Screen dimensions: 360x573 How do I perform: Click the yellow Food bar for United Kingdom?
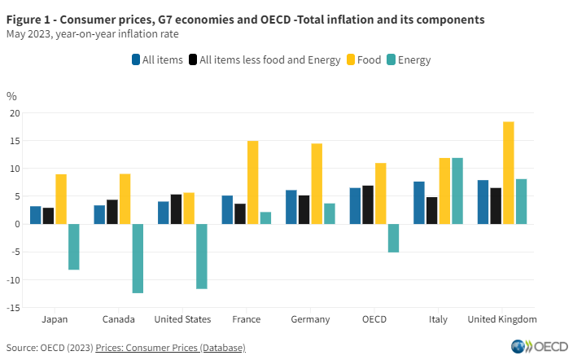coord(508,173)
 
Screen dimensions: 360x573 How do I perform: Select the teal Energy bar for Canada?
coord(138,258)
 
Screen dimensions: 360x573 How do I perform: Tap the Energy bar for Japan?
coord(73,247)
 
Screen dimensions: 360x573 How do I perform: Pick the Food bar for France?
coord(252,182)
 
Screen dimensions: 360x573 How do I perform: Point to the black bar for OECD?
coord(367,204)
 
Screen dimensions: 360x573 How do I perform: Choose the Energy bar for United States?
coord(201,257)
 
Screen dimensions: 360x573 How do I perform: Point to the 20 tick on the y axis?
coord(14,113)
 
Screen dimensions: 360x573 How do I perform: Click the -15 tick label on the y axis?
coord(12,307)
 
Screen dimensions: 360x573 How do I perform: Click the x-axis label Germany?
coord(310,319)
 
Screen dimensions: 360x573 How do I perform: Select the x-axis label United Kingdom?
coord(501,319)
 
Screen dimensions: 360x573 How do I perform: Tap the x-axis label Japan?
coord(55,319)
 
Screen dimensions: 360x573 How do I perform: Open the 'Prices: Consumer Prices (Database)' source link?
coord(170,348)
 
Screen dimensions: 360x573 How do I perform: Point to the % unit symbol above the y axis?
coord(11,96)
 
